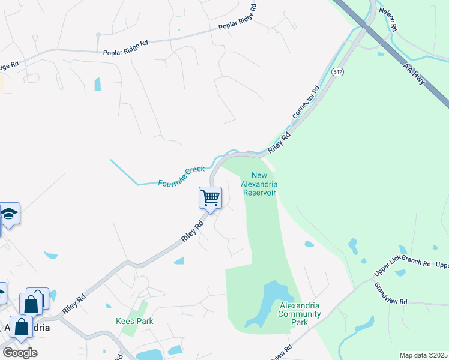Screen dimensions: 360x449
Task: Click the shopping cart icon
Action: pyautogui.click(x=210, y=197)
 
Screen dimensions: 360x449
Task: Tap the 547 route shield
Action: pyautogui.click(x=339, y=72)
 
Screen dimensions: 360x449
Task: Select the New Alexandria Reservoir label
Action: pyautogui.click(x=258, y=184)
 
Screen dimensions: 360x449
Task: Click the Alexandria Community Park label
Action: pyautogui.click(x=300, y=314)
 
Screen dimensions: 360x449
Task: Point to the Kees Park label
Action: pyautogui.click(x=134, y=321)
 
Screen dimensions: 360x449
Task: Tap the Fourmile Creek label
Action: pyautogui.click(x=181, y=176)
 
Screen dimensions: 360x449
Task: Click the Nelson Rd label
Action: pyautogui.click(x=388, y=20)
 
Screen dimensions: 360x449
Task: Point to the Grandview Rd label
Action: pyautogui.click(x=391, y=293)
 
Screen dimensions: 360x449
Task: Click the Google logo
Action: pyautogui.click(x=20, y=352)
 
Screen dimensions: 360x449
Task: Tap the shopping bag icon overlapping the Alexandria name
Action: pyautogui.click(x=22, y=328)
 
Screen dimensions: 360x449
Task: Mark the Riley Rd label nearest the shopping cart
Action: pyautogui.click(x=193, y=231)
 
